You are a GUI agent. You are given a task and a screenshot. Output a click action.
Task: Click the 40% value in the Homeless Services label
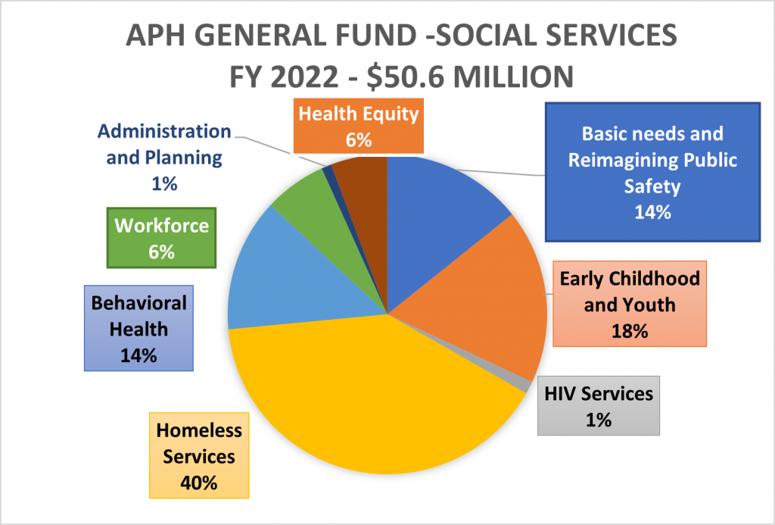[x=199, y=483]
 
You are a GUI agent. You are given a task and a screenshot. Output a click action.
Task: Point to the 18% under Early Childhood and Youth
[x=630, y=331]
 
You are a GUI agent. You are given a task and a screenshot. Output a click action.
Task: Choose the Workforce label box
[x=160, y=237]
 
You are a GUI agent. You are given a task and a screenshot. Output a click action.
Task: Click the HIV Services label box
[x=598, y=405]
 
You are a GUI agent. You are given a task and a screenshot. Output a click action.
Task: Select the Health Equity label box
[x=358, y=127]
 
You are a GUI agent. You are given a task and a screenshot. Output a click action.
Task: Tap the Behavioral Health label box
[x=139, y=329]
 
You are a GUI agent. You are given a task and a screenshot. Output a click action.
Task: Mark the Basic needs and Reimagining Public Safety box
[x=652, y=172]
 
